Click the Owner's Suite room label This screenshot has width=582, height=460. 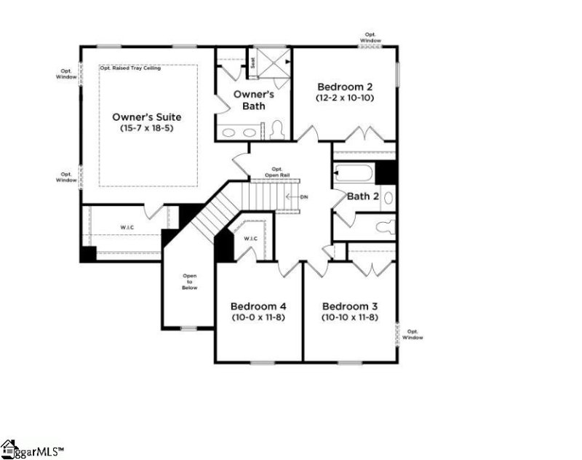pyautogui.click(x=146, y=116)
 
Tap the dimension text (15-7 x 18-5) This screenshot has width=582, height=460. pyautogui.click(x=146, y=128)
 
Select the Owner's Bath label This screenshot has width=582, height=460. pyautogui.click(x=253, y=100)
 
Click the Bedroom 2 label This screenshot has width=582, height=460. pyautogui.click(x=344, y=85)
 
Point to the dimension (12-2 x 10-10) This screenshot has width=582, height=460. pyautogui.click(x=344, y=97)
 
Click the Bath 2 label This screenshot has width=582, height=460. pyautogui.click(x=363, y=196)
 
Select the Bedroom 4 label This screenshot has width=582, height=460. pyautogui.click(x=259, y=306)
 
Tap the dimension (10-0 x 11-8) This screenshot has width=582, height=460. pyautogui.click(x=259, y=317)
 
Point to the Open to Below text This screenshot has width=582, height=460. pyautogui.click(x=190, y=282)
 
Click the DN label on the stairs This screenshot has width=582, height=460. pyautogui.click(x=304, y=197)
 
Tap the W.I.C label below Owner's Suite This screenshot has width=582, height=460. pyautogui.click(x=128, y=228)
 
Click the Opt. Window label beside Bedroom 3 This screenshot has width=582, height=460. pyautogui.click(x=412, y=334)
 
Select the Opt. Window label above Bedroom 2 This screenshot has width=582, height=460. pyautogui.click(x=370, y=36)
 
